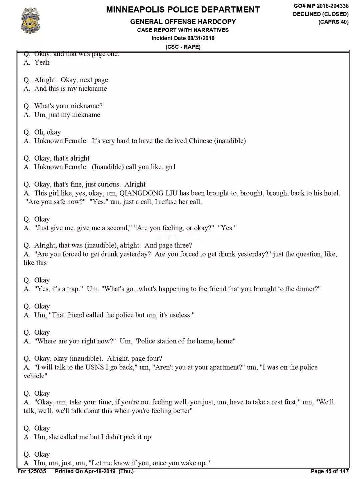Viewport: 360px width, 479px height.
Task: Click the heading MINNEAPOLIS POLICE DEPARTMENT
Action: (183, 9)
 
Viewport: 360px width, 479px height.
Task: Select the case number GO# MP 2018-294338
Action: (321, 6)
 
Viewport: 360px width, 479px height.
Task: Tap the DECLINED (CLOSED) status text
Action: (321, 14)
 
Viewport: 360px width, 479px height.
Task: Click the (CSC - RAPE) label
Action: (183, 47)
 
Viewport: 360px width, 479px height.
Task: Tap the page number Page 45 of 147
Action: (330, 471)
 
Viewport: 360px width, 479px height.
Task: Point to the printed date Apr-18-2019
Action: (100, 471)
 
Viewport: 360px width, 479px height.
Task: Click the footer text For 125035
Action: (32, 471)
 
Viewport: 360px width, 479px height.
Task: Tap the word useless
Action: (181, 315)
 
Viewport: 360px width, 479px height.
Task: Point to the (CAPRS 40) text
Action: (333, 22)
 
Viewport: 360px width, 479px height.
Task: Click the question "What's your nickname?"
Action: (68, 106)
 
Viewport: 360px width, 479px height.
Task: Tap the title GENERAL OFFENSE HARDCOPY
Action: (183, 22)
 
